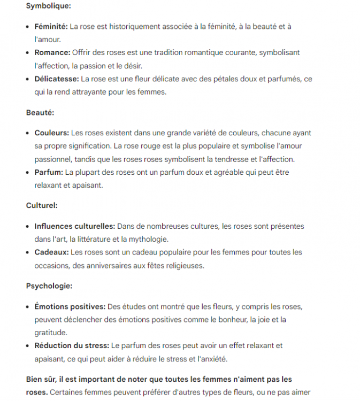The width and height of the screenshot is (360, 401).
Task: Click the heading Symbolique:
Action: point(48,6)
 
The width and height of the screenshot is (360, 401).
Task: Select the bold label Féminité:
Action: point(51,26)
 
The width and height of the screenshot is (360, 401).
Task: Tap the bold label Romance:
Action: point(52,52)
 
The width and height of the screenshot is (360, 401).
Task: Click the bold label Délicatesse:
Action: point(57,79)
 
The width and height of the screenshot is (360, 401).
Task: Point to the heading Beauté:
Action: point(40,113)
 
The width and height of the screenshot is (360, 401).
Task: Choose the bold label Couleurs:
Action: point(52,133)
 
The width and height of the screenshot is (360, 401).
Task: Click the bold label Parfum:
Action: point(49,172)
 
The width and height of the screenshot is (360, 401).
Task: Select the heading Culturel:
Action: point(42,205)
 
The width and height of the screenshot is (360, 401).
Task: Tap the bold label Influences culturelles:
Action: point(75,226)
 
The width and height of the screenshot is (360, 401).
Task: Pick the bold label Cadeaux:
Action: point(51,252)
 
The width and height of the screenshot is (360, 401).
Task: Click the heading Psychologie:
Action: point(49,286)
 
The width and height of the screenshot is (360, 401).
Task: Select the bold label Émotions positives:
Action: point(70,306)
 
